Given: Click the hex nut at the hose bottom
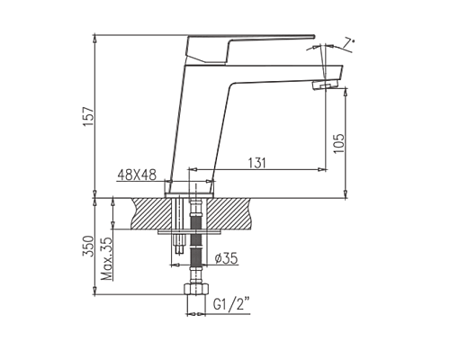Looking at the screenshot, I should point(193,292).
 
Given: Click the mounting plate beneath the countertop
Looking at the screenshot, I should point(192,231).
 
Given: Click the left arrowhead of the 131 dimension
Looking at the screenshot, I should point(197,168).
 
